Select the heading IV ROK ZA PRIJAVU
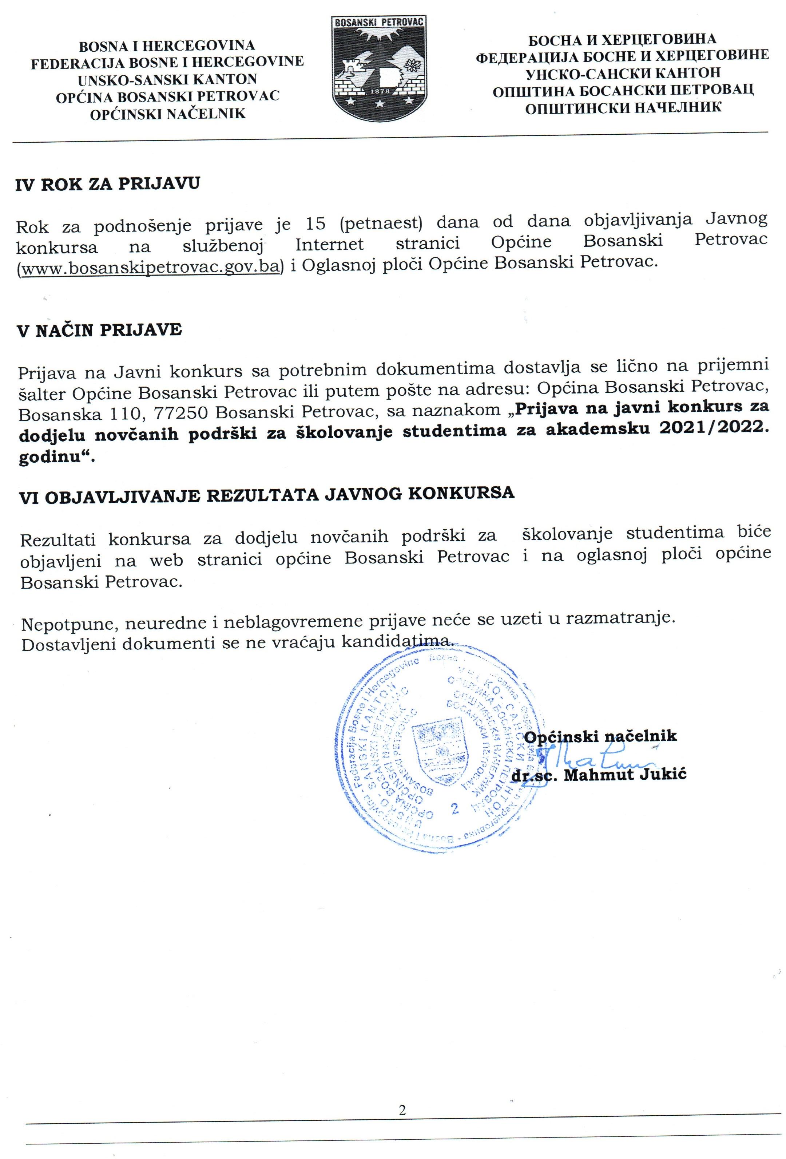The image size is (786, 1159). [x=108, y=184]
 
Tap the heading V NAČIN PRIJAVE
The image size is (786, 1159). [x=100, y=330]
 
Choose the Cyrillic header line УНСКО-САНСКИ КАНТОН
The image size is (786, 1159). [x=623, y=73]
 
